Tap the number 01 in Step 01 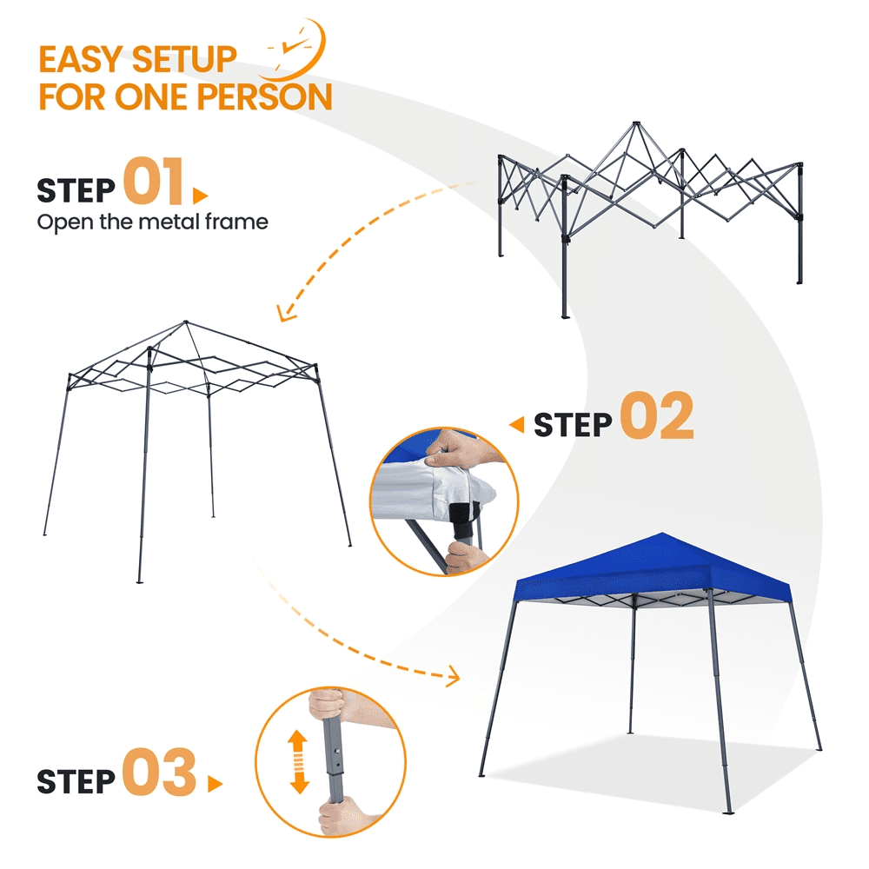pos(154,181)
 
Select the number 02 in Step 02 pos(656,415)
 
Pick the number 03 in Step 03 pos(159,772)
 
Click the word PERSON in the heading pos(264,96)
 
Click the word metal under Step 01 pos(169,222)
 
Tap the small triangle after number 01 pos(200,196)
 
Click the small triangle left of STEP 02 pos(516,425)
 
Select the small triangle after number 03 pos(215,784)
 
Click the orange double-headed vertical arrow pos(299,761)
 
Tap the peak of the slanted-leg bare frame pos(186,322)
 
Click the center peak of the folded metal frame pos(636,123)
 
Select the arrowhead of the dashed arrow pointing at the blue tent pos(454,676)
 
